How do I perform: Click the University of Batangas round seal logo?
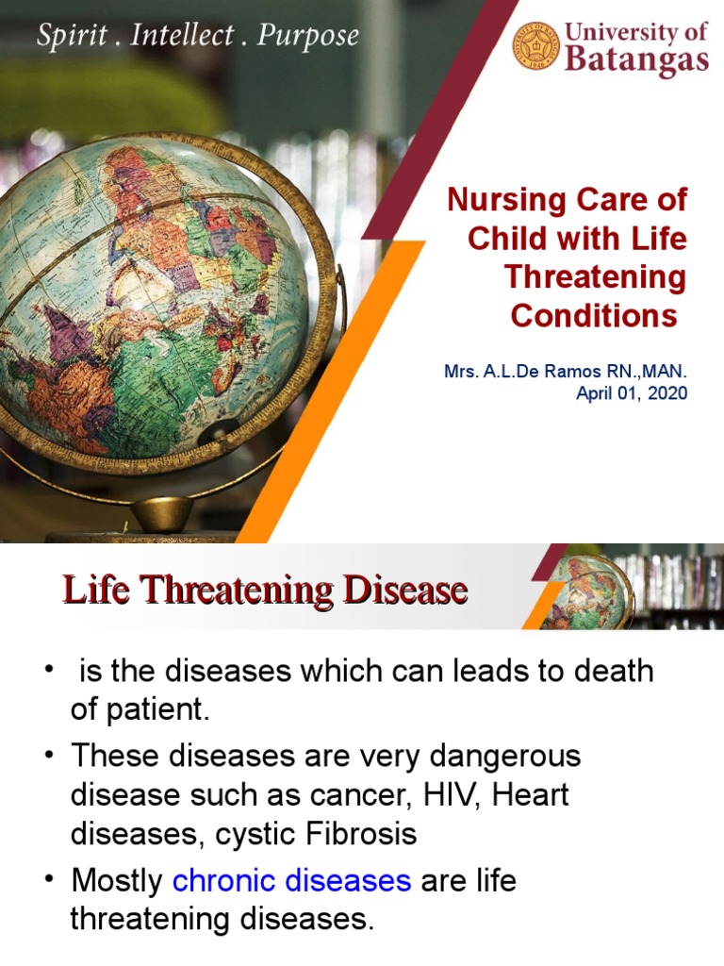pos(536,46)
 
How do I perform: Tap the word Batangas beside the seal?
pos(636,60)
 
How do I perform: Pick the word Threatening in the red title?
pos(595,277)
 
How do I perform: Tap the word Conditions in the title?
pos(594,316)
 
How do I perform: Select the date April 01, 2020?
pos(632,392)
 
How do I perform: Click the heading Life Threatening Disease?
pos(265,591)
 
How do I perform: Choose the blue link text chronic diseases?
pos(292,880)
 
